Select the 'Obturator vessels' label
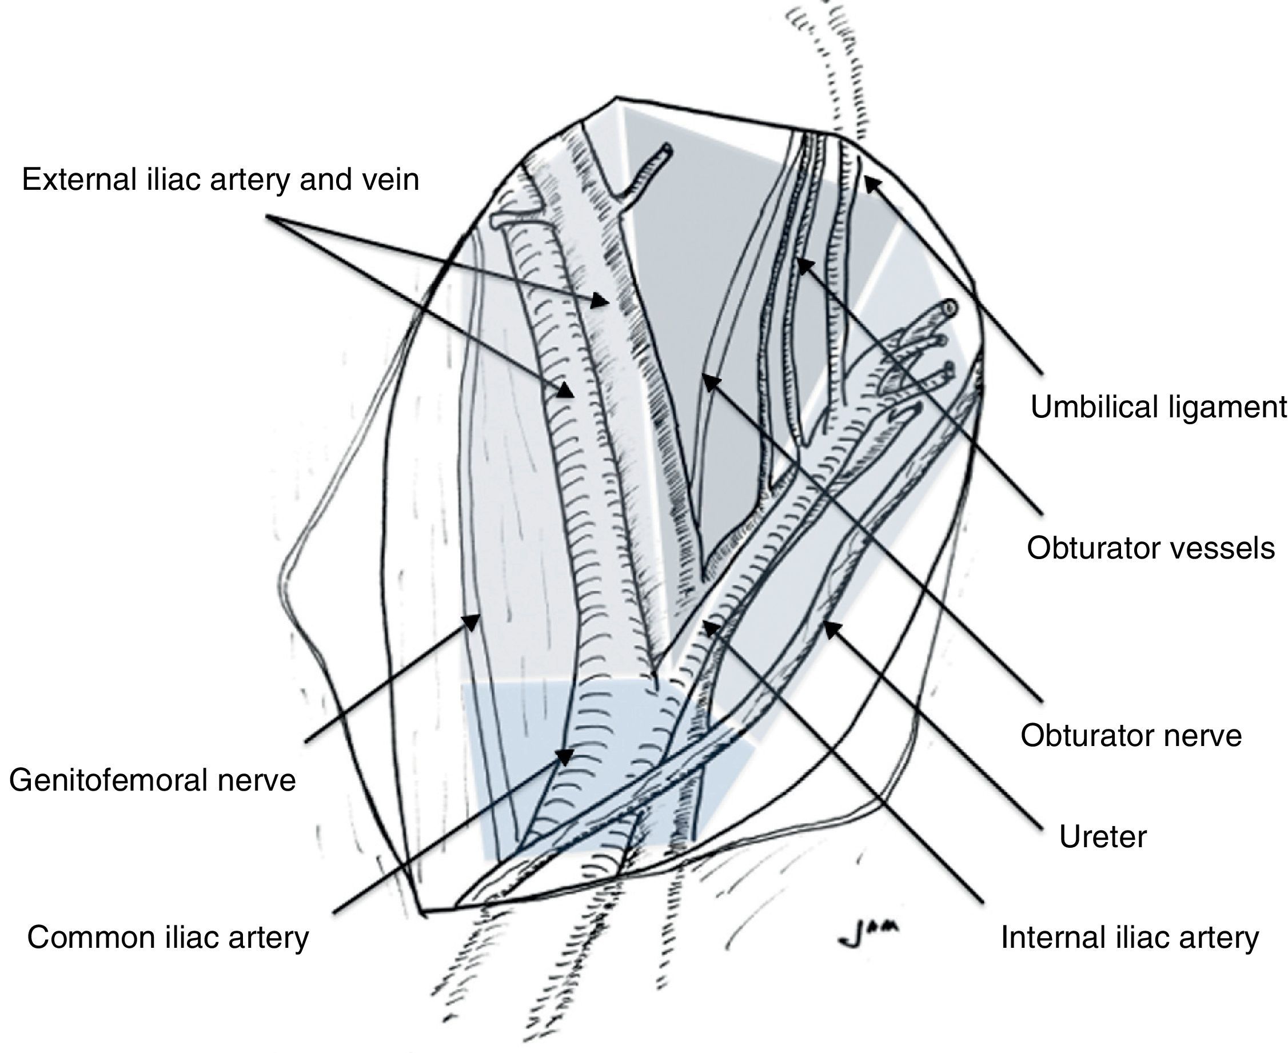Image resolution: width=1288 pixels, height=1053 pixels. pyautogui.click(x=1150, y=548)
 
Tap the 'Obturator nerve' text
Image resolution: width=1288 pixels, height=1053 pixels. pyautogui.click(x=1131, y=736)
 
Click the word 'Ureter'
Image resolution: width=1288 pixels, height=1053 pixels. pyautogui.click(x=1102, y=837)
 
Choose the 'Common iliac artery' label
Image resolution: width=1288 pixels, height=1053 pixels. pyautogui.click(x=168, y=937)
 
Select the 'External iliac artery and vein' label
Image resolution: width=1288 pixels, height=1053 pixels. pyautogui.click(x=220, y=180)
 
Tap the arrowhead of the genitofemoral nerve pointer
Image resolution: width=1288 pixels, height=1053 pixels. pyautogui.click(x=473, y=620)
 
